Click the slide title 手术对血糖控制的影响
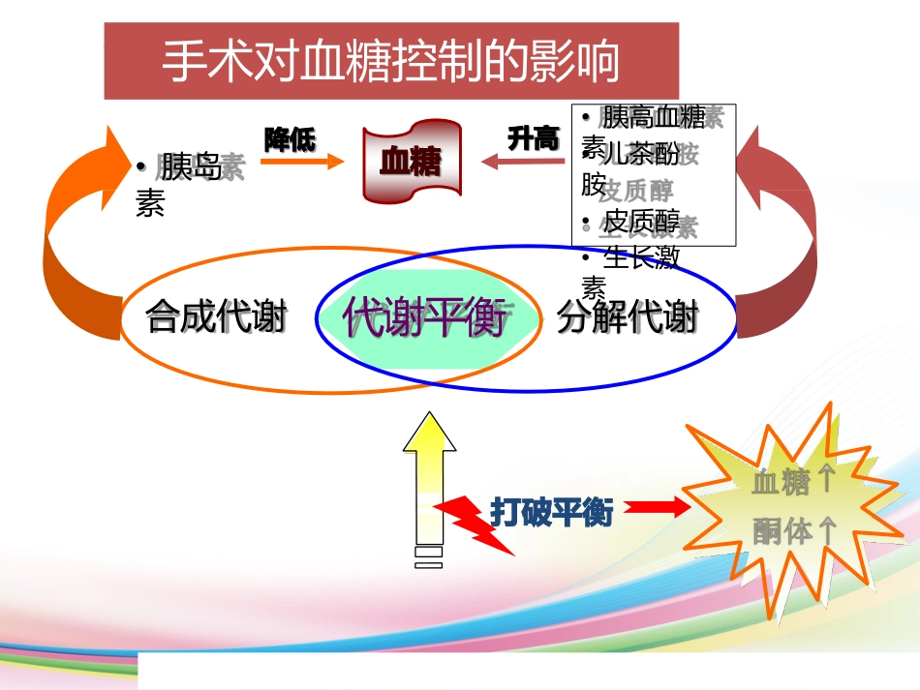point(391,61)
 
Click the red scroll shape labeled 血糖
point(410,161)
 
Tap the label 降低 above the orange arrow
point(290,139)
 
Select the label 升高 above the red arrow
point(534,138)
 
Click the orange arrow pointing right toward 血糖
point(301,162)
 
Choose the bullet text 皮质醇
point(640,218)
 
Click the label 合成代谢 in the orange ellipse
point(216,316)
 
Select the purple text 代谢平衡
point(425,316)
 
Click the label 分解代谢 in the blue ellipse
point(628,316)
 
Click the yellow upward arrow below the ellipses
point(429,479)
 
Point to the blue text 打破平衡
point(551,512)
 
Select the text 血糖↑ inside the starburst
point(793,480)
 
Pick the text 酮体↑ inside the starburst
point(793,530)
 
